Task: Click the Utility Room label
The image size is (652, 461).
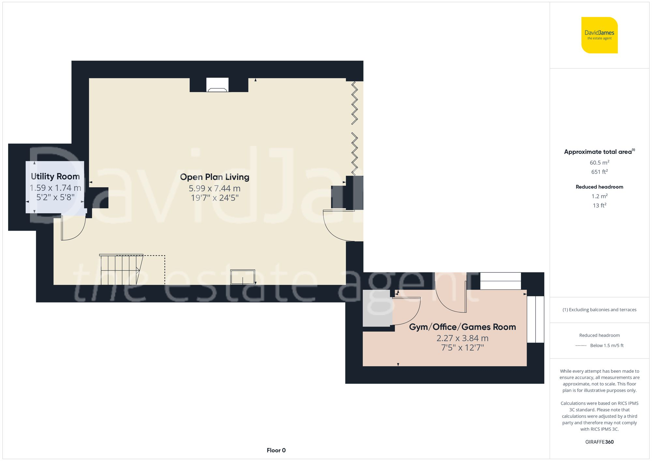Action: pyautogui.click(x=55, y=177)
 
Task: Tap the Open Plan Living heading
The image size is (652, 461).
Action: pyautogui.click(x=215, y=177)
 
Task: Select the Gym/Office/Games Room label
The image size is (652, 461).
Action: pyautogui.click(x=462, y=327)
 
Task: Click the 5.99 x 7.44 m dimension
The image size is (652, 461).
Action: pyautogui.click(x=215, y=188)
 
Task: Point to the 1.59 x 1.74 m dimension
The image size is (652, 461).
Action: pyautogui.click(x=55, y=188)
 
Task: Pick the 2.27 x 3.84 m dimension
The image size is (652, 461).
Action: pyautogui.click(x=462, y=338)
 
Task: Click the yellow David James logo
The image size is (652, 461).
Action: pyautogui.click(x=599, y=35)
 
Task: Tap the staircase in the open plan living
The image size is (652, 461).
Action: pyautogui.click(x=121, y=270)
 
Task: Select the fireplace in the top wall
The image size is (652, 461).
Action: pyautogui.click(x=217, y=85)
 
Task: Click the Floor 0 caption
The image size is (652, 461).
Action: pyautogui.click(x=276, y=450)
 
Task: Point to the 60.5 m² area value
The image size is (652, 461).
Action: pyautogui.click(x=599, y=163)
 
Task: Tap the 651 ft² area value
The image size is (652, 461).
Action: pyautogui.click(x=599, y=172)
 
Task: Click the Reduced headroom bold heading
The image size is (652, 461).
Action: pyautogui.click(x=599, y=187)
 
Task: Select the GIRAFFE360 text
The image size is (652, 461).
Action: pyautogui.click(x=599, y=442)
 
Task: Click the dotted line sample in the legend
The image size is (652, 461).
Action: pyautogui.click(x=581, y=345)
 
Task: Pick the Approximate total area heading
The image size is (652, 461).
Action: pyautogui.click(x=598, y=152)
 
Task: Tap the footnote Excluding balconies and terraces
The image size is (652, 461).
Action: pyautogui.click(x=599, y=310)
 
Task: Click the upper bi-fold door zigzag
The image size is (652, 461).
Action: pyautogui.click(x=354, y=103)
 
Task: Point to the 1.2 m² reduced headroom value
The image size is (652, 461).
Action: pyautogui.click(x=599, y=196)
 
